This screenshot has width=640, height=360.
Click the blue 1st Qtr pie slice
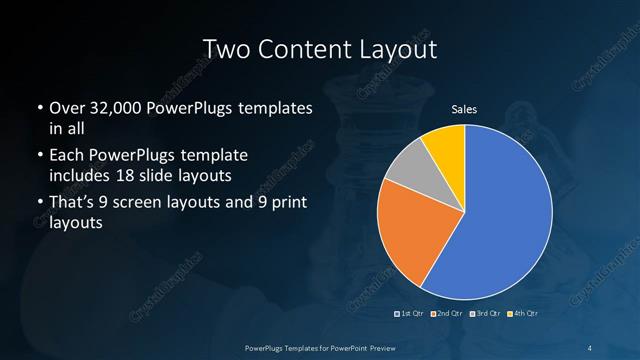pyautogui.click(x=500, y=215)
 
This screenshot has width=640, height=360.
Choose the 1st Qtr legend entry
pyautogui.click(x=411, y=315)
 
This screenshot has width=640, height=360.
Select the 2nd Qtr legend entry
pyautogui.click(x=447, y=315)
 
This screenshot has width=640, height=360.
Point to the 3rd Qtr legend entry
pyautogui.click(x=484, y=315)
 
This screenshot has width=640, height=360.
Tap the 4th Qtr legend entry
pyautogui.click(x=521, y=315)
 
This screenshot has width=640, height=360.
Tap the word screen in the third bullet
pyautogui.click(x=150, y=205)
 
